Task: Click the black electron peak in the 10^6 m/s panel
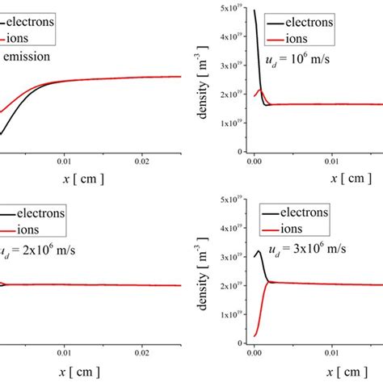pos(255,11)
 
